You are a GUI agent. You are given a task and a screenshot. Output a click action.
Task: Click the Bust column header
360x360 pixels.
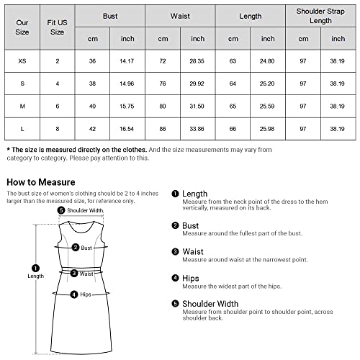point(110,14)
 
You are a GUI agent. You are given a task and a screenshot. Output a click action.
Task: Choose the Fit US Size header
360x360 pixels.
point(57,27)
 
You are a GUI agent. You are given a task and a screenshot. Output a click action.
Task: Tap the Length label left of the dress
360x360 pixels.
point(35,276)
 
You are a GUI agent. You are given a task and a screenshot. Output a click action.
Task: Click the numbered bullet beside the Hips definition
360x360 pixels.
point(175,278)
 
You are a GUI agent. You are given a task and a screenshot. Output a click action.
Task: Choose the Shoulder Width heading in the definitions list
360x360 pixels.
point(212,303)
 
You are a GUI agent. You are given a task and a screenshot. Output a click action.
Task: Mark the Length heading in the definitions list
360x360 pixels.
point(194,194)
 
